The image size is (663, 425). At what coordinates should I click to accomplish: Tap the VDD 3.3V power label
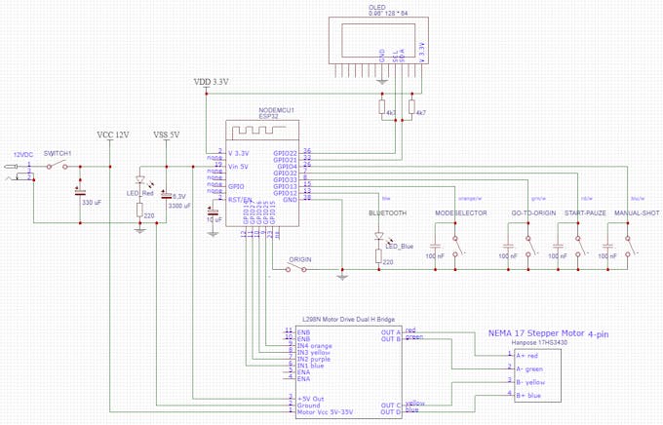pyautogui.click(x=211, y=82)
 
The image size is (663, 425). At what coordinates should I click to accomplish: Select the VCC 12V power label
pyautogui.click(x=113, y=134)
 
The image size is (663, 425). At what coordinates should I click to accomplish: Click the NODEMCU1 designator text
pyautogui.click(x=276, y=109)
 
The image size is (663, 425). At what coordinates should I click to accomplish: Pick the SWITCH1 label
pyautogui.click(x=58, y=153)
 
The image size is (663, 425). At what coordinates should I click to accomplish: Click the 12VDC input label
pyautogui.click(x=21, y=154)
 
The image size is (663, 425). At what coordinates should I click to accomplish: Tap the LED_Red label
pyautogui.click(x=141, y=193)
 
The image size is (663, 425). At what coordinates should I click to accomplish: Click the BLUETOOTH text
pyautogui.click(x=387, y=212)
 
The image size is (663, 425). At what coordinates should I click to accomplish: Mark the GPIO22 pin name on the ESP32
pyautogui.click(x=286, y=153)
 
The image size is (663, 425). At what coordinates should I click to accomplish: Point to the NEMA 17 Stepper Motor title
pyautogui.click(x=548, y=333)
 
